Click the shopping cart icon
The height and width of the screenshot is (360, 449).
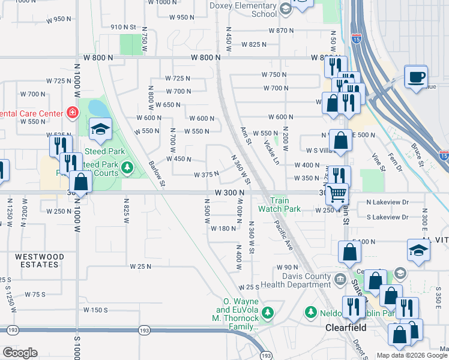coord(337,193)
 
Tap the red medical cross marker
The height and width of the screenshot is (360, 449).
coord(72,112)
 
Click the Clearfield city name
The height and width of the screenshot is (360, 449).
coord(346,328)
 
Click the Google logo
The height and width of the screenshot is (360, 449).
coord(19,353)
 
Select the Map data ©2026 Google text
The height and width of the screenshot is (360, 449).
coord(412,355)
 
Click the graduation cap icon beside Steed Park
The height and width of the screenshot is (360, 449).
coord(101,128)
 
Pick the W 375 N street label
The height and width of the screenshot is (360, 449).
coord(206,175)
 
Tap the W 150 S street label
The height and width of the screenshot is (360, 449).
coord(95,310)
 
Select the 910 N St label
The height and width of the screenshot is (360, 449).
coord(124,27)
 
